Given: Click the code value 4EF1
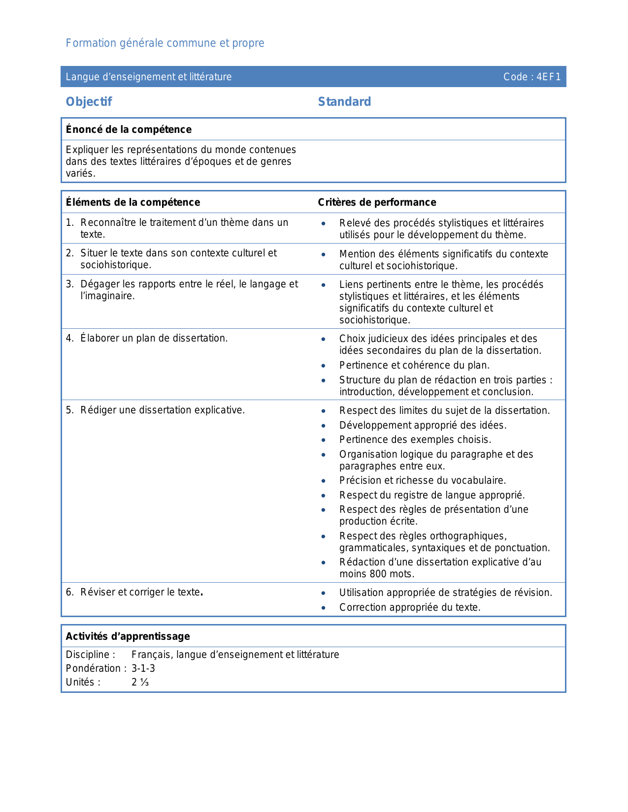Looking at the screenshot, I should pos(549,77).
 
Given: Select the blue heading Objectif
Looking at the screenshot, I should pos(89,102).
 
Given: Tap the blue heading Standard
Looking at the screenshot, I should pos(344,102).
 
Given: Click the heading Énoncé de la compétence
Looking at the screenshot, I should pos(129,129).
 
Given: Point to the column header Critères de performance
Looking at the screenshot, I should pos(377,202).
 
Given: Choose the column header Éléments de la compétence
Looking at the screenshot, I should pos(133,202).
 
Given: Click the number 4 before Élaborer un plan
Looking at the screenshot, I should pos(69,338).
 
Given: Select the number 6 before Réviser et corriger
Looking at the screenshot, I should pos(69,592).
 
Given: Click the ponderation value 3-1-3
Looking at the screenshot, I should pos(143,668).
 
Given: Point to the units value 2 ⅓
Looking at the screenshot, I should pos(140,682).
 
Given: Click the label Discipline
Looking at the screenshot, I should pos(90,655).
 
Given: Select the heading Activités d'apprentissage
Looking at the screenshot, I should pos(128,636).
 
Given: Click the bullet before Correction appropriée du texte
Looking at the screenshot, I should pos(323,608).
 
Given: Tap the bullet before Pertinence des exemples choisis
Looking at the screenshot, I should pos(323,440).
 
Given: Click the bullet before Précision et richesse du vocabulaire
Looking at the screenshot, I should pos(323,481).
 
